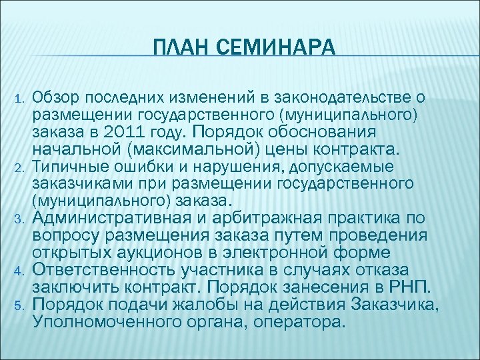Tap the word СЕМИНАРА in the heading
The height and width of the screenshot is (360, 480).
click(x=273, y=48)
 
